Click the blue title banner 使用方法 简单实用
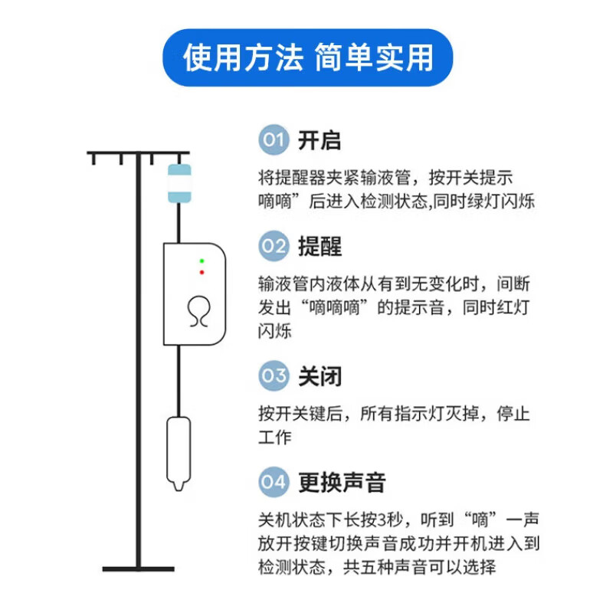click(307, 57)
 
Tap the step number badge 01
click(274, 141)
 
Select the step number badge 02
click(274, 247)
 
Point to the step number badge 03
click(274, 376)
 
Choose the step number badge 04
click(274, 482)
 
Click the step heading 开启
click(320, 141)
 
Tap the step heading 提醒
click(320, 247)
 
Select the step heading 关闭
click(320, 376)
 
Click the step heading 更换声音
click(342, 482)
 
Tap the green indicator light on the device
click(202, 261)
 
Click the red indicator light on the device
click(202, 272)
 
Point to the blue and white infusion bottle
click(179, 183)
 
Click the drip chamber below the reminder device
click(179, 452)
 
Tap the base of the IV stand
click(138, 569)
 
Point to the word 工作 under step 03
click(275, 438)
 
